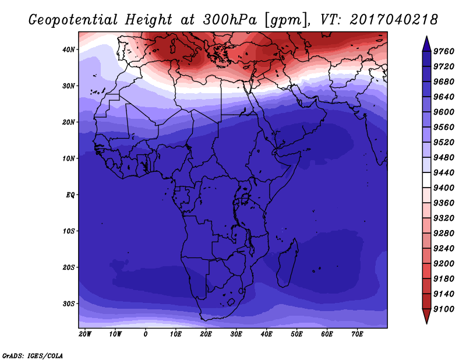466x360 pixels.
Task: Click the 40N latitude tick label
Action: click(69, 50)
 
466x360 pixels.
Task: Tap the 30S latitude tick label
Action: click(69, 304)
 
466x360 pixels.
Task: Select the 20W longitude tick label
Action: click(85, 334)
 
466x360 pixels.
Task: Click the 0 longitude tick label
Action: click(145, 334)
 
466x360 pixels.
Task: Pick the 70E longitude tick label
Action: click(357, 334)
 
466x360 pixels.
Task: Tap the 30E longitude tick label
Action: click(236, 334)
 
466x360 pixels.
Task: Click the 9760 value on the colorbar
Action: click(444, 51)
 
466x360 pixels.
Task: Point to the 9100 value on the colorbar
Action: click(444, 309)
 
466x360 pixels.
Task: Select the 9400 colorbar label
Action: click(444, 188)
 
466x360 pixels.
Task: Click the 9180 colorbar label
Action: click(444, 279)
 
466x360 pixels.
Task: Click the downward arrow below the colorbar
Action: click(426, 316)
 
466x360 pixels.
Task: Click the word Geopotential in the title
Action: click(73, 20)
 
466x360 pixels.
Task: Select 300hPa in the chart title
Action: click(230, 20)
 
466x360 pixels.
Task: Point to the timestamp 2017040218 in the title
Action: click(394, 20)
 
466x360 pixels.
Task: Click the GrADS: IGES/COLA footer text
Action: click(33, 355)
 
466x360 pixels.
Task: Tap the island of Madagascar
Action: click(287, 263)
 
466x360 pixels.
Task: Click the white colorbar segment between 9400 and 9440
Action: click(426, 180)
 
